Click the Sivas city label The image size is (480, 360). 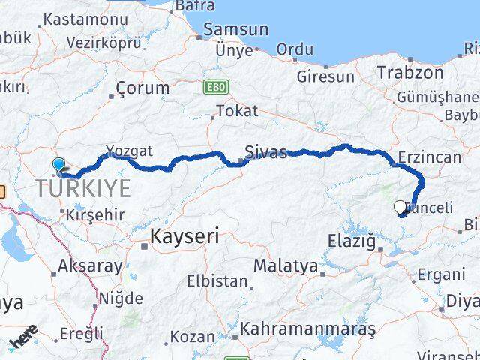point(265,152)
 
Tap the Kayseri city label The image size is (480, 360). point(184,237)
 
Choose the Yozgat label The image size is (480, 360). point(129,151)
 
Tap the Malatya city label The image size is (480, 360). point(285,265)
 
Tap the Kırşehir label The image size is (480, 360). point(94,214)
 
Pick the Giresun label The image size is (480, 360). point(325,76)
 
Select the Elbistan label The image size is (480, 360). point(217,282)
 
